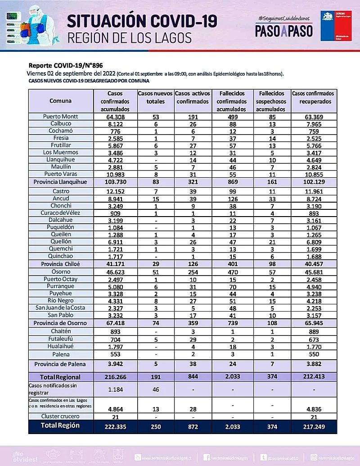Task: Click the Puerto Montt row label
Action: click(x=60, y=117)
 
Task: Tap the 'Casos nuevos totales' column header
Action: click(x=155, y=97)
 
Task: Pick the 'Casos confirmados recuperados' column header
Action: click(x=313, y=97)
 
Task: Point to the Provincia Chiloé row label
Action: click(x=60, y=264)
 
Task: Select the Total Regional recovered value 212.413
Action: click(x=313, y=377)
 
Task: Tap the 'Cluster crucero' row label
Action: click(x=60, y=416)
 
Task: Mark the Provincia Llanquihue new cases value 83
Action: click(x=155, y=182)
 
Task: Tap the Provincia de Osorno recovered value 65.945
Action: click(x=313, y=323)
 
